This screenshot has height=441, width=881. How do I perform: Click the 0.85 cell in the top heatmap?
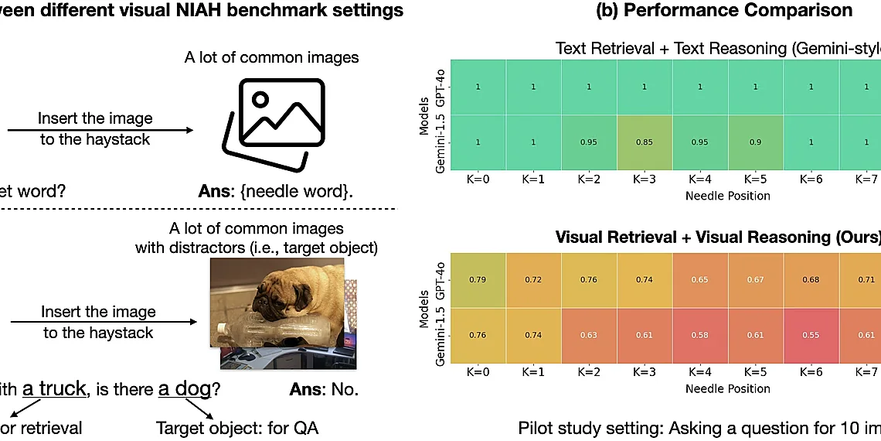point(645,142)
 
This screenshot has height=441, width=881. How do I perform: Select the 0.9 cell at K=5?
point(756,142)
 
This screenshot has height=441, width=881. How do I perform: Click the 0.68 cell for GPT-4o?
point(811,279)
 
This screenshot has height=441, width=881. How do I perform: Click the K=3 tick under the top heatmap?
point(645,180)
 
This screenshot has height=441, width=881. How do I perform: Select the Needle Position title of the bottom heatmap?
point(727,388)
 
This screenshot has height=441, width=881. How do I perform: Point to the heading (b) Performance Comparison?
point(724,10)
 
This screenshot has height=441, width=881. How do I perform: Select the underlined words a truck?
point(54,389)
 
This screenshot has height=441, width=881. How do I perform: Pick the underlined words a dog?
point(184,389)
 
